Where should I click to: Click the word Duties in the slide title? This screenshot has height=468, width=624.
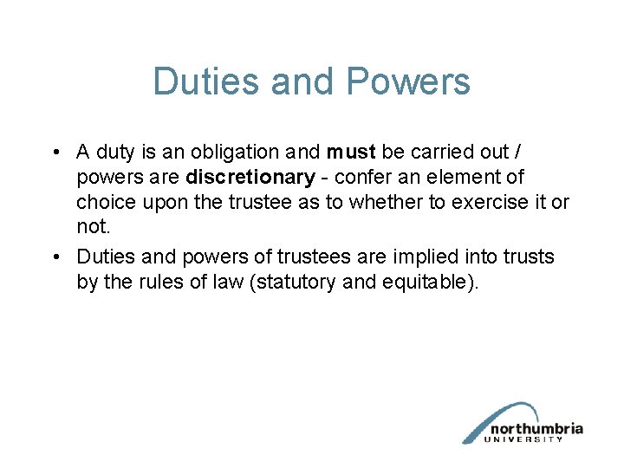(206, 82)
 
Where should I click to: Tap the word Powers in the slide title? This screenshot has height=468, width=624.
(407, 82)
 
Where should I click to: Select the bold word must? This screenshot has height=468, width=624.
(351, 153)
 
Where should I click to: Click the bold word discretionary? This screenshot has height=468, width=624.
(250, 178)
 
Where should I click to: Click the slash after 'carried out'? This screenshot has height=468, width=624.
(518, 153)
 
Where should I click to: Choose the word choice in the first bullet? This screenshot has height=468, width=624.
(101, 202)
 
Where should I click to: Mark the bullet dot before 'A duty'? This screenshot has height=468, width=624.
(55, 153)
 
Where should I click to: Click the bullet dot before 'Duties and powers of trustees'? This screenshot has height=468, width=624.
(55, 257)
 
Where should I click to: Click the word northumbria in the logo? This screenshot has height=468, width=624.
(536, 429)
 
